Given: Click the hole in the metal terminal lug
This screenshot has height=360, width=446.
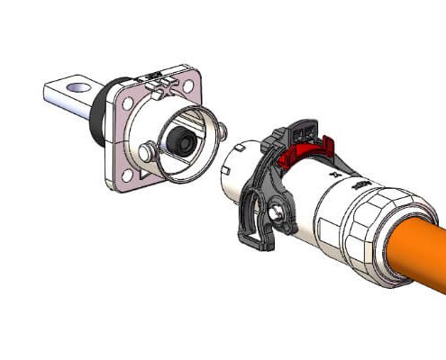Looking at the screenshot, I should click(77, 88).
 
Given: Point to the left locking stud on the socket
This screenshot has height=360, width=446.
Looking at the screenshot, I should click(144, 153).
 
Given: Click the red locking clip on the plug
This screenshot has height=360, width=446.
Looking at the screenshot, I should click(302, 154).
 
